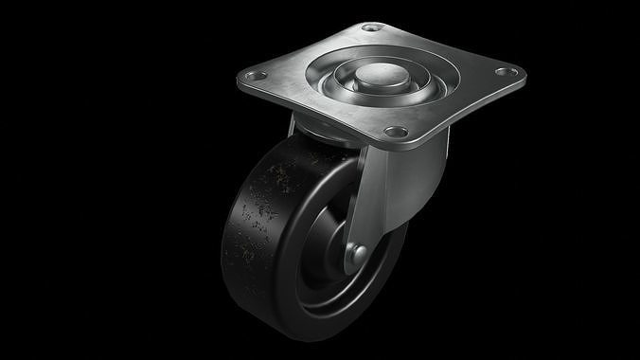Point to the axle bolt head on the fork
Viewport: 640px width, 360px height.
click(359, 252)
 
